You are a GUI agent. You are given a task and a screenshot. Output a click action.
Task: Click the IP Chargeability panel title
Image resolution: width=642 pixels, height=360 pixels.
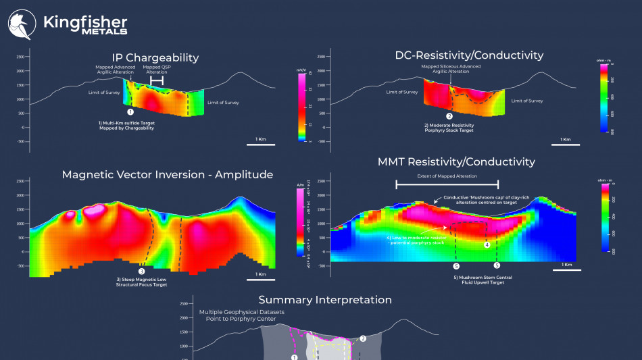coord(155,57)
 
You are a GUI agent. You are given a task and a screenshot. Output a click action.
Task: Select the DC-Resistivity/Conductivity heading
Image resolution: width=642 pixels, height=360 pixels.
coord(469,55)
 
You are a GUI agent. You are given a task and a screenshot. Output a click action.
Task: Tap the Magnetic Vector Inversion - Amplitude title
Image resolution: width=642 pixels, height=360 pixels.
coord(168,174)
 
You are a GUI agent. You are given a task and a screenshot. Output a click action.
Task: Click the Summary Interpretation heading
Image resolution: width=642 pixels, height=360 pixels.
coord(325,299)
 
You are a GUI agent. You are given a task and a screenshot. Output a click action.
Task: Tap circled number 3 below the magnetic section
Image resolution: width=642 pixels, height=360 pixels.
coord(141,270)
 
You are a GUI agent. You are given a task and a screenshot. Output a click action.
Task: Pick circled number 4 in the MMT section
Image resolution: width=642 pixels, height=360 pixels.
coord(487,245)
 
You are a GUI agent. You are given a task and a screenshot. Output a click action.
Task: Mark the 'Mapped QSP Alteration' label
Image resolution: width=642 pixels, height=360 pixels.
coord(157,70)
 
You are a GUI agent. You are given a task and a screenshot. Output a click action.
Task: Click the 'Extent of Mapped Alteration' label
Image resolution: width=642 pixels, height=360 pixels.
coord(447,176)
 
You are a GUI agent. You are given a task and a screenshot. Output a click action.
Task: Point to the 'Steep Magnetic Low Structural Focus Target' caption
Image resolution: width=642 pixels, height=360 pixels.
coord(141,282)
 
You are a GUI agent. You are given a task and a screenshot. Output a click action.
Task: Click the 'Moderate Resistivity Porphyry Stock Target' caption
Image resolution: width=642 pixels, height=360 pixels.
coord(449,128)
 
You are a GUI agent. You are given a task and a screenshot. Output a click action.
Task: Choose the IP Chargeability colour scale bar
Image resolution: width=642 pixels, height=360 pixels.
coord(302,107)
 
